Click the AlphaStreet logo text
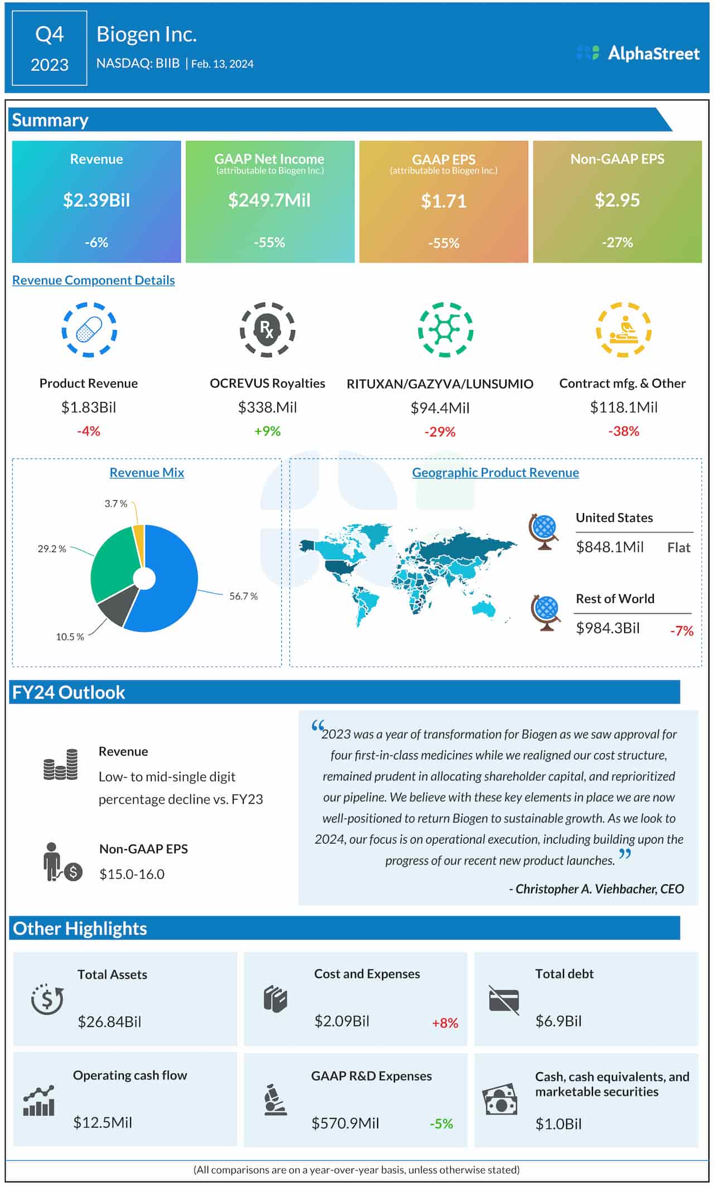tap(653, 54)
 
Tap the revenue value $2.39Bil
tap(97, 200)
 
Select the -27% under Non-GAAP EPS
tap(617, 243)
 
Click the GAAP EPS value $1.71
tap(443, 201)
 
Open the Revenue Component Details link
tap(93, 280)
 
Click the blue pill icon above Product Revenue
tap(89, 330)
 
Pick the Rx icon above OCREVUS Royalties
tap(267, 330)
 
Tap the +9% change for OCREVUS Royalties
tap(267, 431)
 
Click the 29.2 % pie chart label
tap(52, 549)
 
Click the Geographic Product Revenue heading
tap(495, 473)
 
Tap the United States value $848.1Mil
tap(610, 547)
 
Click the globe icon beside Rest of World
tap(546, 613)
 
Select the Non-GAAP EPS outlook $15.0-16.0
tap(132, 874)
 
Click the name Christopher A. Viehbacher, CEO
tap(596, 889)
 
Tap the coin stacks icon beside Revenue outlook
tap(61, 764)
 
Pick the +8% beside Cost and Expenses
tap(445, 1023)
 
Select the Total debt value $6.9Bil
tap(558, 1021)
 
